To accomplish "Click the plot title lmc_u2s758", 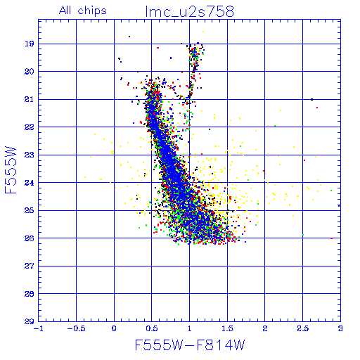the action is tap(190, 11).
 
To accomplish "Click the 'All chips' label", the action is tap(83, 11).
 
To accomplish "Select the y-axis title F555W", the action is tap(11, 170).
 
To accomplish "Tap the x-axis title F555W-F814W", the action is tap(190, 345).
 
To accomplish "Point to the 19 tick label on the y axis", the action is tap(30, 44).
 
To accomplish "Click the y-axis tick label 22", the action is tap(30, 127).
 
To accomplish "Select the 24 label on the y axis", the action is tap(30, 183).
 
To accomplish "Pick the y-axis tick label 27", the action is tap(30, 266).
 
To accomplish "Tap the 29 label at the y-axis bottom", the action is tap(30, 321).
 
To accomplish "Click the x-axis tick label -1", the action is tap(38, 329).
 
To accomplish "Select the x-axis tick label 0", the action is tap(114, 329).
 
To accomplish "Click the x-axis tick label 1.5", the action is tap(227, 329).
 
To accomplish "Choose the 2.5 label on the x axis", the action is tap(303, 329).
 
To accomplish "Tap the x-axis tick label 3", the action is tap(340, 329).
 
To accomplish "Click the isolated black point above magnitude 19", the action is tap(129, 37).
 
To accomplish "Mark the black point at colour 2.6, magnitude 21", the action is tap(311, 100).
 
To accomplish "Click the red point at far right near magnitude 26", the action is tap(331, 238).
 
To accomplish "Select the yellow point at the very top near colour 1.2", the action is tap(203, 32).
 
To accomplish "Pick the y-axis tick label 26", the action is tap(30, 238).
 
